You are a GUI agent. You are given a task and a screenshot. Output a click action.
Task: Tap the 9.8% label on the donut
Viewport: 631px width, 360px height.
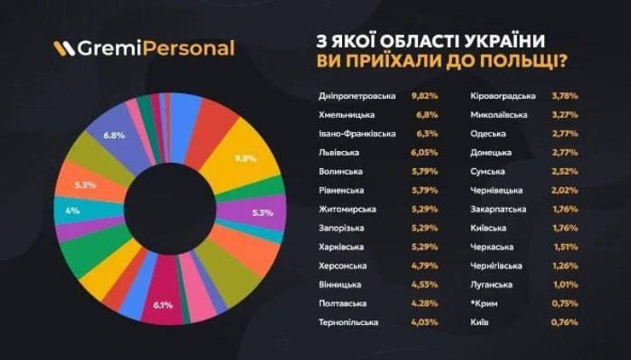(x=246, y=158)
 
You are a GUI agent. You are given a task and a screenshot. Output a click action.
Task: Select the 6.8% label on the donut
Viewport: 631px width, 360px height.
(x=115, y=136)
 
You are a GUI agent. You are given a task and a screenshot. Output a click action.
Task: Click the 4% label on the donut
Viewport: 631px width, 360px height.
(x=72, y=211)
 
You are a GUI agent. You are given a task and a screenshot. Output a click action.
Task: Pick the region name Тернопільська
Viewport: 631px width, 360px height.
(x=347, y=322)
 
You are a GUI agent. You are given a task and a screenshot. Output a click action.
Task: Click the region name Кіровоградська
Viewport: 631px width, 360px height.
(x=503, y=96)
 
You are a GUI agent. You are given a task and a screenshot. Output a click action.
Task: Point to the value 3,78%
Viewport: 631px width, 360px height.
(x=565, y=96)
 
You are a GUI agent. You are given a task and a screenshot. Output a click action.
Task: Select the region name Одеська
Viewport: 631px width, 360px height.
(x=487, y=134)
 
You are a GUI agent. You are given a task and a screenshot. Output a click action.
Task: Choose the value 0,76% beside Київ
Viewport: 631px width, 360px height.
(x=565, y=322)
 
